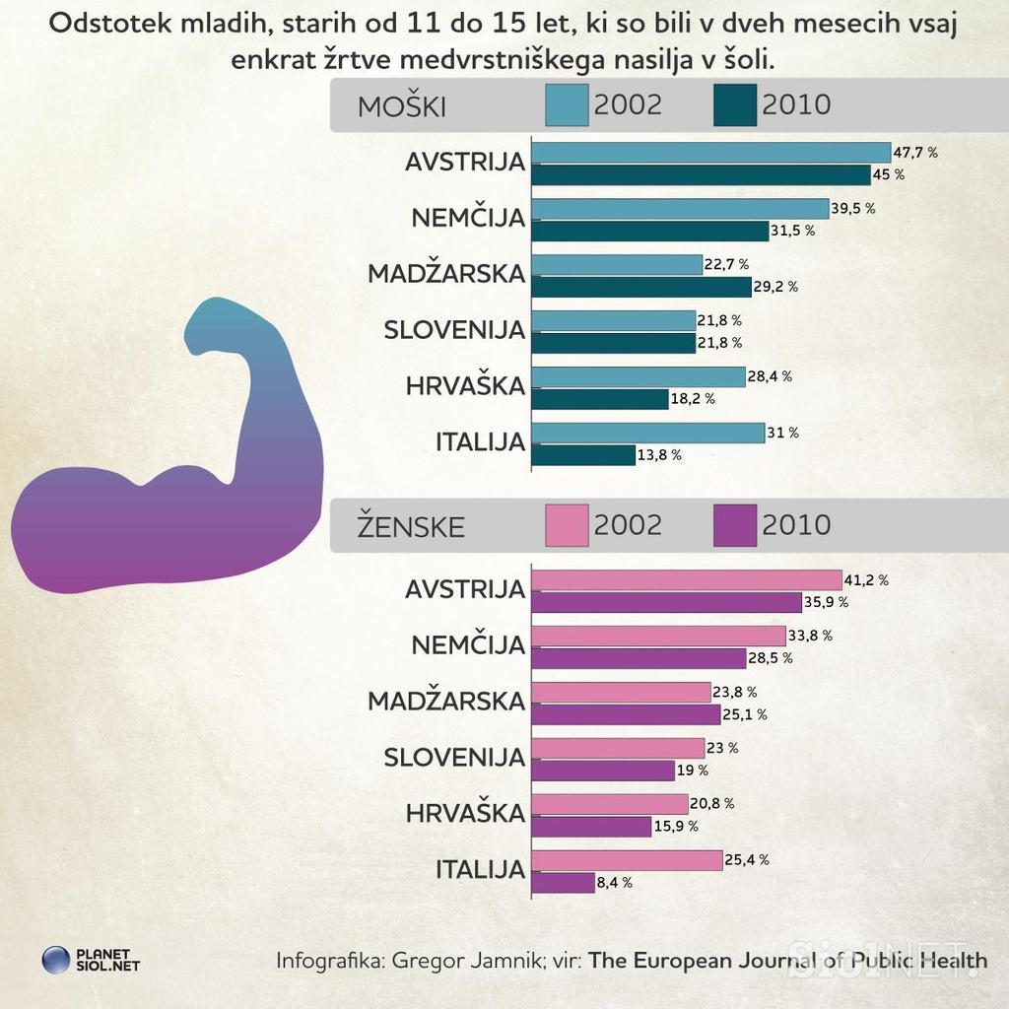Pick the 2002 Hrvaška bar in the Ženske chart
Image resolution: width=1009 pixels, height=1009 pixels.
point(610,804)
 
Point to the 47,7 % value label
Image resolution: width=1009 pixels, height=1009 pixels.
point(915,153)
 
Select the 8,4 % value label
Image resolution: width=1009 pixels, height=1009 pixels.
point(614,883)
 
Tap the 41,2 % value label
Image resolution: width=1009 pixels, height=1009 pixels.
point(867,580)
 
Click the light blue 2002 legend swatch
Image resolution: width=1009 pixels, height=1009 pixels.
point(567,105)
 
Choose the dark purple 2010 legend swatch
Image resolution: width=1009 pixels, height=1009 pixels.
point(735,525)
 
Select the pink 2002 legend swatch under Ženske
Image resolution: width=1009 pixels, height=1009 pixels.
point(567,525)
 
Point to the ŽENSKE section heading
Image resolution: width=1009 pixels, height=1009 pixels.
point(411,527)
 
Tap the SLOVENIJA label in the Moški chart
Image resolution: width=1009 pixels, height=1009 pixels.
point(454,330)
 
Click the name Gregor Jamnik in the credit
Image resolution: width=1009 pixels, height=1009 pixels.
point(463,960)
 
